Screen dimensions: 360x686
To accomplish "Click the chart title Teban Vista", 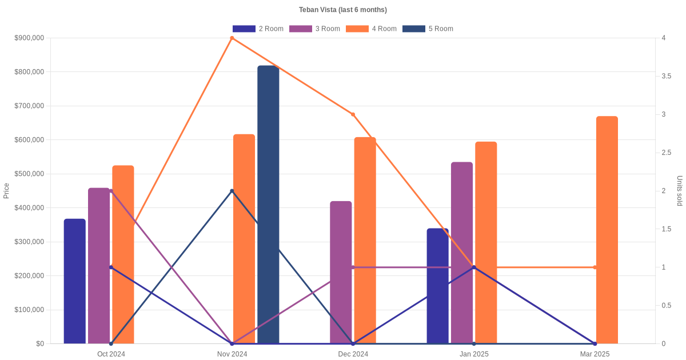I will (342, 10).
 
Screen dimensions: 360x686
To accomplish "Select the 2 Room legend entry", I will (258, 29).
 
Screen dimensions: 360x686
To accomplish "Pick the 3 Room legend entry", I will (314, 29).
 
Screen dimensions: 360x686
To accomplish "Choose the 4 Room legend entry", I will (371, 29).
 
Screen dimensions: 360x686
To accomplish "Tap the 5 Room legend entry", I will (428, 29).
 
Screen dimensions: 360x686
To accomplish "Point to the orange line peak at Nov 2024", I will (232, 38).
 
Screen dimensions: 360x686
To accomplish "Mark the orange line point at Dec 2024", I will (353, 114).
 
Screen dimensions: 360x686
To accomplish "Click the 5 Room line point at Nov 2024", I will (232, 191).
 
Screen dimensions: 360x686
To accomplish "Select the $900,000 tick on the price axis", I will (29, 38).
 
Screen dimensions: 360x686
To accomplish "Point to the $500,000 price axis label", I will (29, 174).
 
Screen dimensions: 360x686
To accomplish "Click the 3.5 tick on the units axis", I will (666, 76).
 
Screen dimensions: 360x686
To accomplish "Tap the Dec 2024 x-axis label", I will (353, 354).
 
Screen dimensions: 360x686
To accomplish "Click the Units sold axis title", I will (680, 191).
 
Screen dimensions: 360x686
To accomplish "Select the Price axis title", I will (6, 191).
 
